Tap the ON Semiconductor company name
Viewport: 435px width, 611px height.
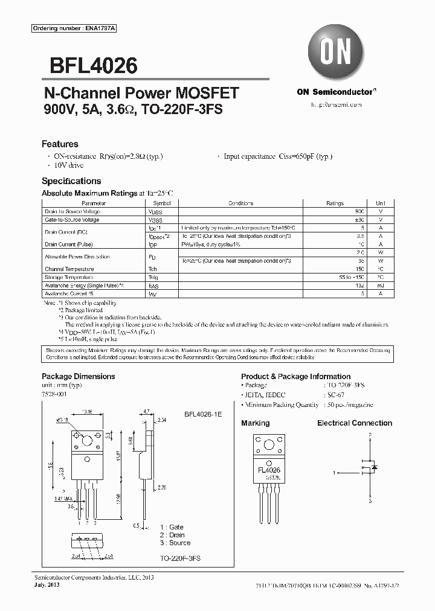336,92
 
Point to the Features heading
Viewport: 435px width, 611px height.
60,144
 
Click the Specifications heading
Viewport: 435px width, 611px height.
71,181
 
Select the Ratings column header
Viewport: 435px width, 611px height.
335,203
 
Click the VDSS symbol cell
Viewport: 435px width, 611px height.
155,213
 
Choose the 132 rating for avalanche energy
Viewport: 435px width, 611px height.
360,284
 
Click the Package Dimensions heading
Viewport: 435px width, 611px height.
78,376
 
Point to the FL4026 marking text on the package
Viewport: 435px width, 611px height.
269,470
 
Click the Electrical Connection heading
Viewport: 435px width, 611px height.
355,423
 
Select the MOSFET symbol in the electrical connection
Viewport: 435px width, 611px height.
370,467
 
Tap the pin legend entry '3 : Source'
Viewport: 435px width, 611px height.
175,543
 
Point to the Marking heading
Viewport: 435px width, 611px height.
256,423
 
